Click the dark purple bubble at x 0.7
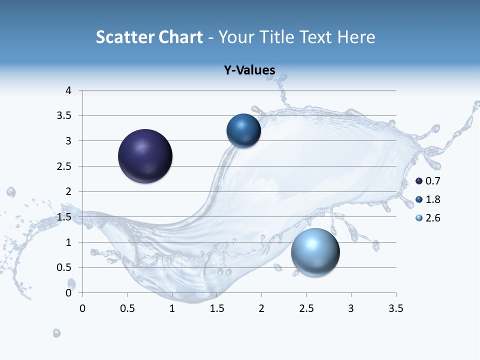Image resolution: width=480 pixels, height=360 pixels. point(145,156)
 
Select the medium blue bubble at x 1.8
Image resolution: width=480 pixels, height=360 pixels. point(243,130)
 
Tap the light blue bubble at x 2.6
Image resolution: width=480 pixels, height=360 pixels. point(315,251)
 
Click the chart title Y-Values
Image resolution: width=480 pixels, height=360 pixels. point(249,70)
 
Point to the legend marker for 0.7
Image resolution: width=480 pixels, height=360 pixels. point(419,180)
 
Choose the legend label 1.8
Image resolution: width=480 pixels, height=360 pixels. point(433,199)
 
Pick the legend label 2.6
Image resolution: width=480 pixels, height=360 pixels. point(433,218)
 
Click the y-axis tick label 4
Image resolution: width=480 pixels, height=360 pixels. point(68,90)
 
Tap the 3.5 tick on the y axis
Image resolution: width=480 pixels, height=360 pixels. point(65,115)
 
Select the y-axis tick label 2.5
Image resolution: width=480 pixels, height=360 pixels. point(65,166)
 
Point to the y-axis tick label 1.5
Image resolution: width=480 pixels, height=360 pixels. point(65,217)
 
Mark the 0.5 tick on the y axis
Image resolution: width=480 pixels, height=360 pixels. point(65,267)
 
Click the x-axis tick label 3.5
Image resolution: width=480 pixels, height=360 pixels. point(396,308)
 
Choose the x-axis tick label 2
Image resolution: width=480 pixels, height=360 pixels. point(261,308)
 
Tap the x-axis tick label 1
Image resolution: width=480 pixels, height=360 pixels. point(172,308)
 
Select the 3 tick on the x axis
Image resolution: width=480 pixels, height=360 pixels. point(351,308)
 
